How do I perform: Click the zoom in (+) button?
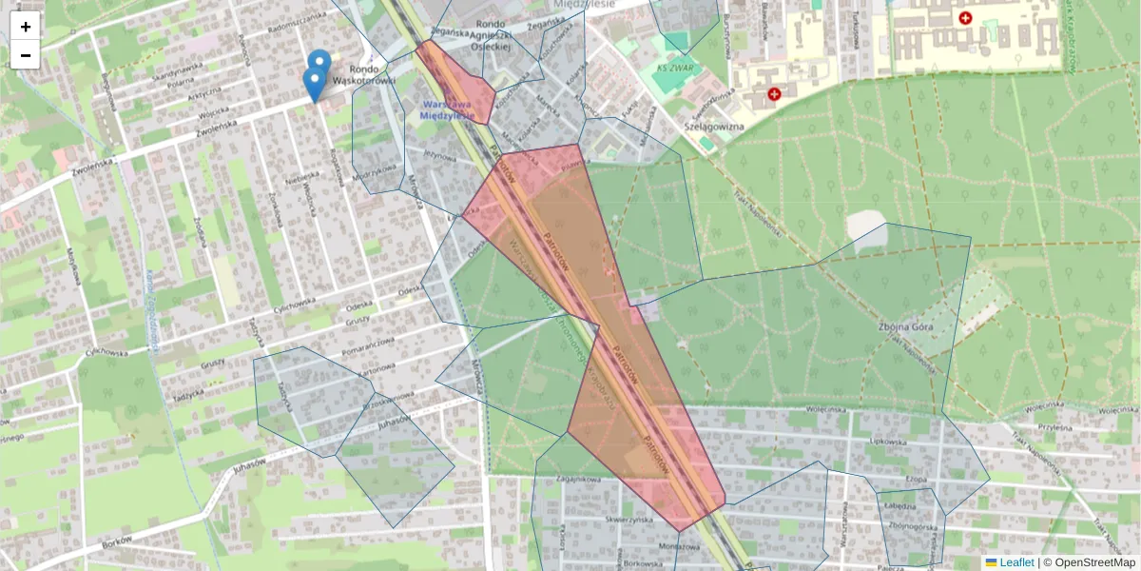click(26, 27)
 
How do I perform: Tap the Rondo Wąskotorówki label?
click(373, 75)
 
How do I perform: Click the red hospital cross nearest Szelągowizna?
click(774, 94)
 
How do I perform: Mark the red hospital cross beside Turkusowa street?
click(966, 18)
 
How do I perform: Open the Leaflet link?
click(1015, 562)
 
